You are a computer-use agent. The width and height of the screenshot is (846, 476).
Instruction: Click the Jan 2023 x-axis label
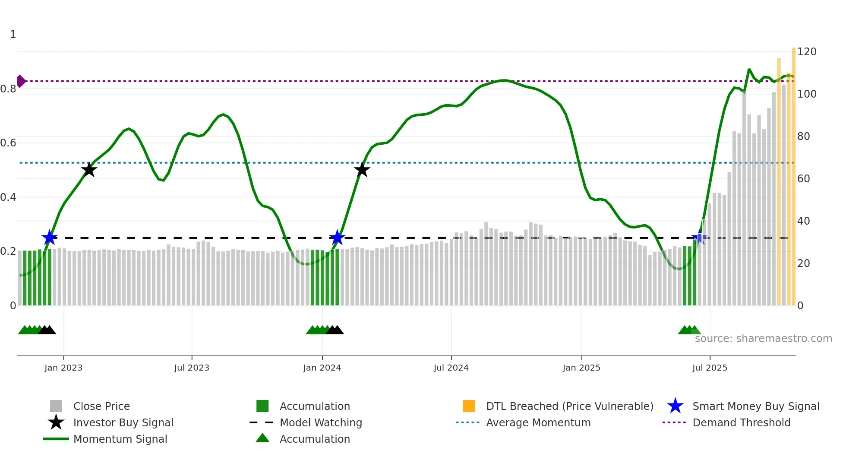coord(63,368)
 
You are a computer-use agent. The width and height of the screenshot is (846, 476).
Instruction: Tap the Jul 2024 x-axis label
coord(451,368)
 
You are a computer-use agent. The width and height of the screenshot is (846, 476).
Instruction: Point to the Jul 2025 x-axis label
coord(710,368)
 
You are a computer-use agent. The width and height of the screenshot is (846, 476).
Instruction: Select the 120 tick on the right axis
coord(806,52)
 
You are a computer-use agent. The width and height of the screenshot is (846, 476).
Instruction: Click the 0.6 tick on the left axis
coord(8,143)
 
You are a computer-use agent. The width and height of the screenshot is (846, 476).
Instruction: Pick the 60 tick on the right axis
coord(803,179)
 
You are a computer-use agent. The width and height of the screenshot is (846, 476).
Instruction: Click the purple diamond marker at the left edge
coord(21,81)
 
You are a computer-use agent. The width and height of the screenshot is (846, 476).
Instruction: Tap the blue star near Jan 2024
coord(337,238)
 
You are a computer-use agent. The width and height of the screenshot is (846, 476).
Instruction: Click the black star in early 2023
coord(89,170)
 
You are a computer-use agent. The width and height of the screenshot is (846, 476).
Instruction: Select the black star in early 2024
coord(362,170)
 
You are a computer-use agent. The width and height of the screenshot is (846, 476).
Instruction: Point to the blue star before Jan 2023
coord(50,238)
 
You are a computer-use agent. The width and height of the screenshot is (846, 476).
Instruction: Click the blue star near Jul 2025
coord(699,238)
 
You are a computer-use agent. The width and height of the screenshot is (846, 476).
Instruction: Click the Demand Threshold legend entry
coord(741,422)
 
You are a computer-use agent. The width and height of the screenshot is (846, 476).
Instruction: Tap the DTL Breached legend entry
coord(569,406)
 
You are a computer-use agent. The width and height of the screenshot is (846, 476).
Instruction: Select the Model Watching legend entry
coord(320,422)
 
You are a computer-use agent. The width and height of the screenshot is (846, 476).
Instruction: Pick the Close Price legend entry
coord(101,406)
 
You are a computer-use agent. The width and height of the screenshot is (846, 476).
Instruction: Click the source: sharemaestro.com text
coord(763,339)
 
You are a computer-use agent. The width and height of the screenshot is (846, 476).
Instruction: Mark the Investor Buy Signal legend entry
coord(123,422)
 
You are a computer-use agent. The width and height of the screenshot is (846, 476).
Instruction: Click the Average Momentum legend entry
coord(538,422)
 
